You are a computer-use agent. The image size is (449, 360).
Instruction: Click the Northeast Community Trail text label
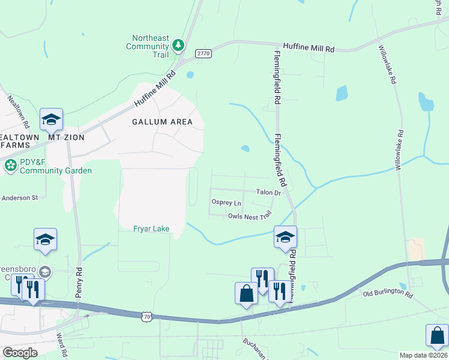(147, 45)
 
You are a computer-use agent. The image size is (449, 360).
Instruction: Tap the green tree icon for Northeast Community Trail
(178, 45)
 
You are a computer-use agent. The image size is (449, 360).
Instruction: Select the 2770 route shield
(203, 53)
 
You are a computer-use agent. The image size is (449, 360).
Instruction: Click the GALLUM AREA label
(162, 122)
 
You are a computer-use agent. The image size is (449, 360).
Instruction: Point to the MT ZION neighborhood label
(66, 137)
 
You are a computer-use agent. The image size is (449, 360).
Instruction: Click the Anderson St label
(19, 197)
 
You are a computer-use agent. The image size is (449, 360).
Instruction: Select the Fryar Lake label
(151, 229)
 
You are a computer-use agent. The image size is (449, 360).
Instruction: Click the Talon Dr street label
(268, 193)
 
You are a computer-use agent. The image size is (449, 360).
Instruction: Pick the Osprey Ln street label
(226, 203)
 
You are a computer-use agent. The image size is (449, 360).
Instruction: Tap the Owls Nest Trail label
(250, 217)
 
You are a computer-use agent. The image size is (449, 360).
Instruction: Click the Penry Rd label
(79, 283)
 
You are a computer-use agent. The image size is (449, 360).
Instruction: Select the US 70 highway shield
(147, 316)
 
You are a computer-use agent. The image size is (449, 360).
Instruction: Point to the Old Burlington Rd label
(388, 295)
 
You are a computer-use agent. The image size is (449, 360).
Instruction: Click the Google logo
(20, 353)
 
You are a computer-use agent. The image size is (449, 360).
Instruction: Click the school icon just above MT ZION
(52, 119)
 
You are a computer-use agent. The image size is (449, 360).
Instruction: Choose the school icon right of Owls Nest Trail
(285, 236)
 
